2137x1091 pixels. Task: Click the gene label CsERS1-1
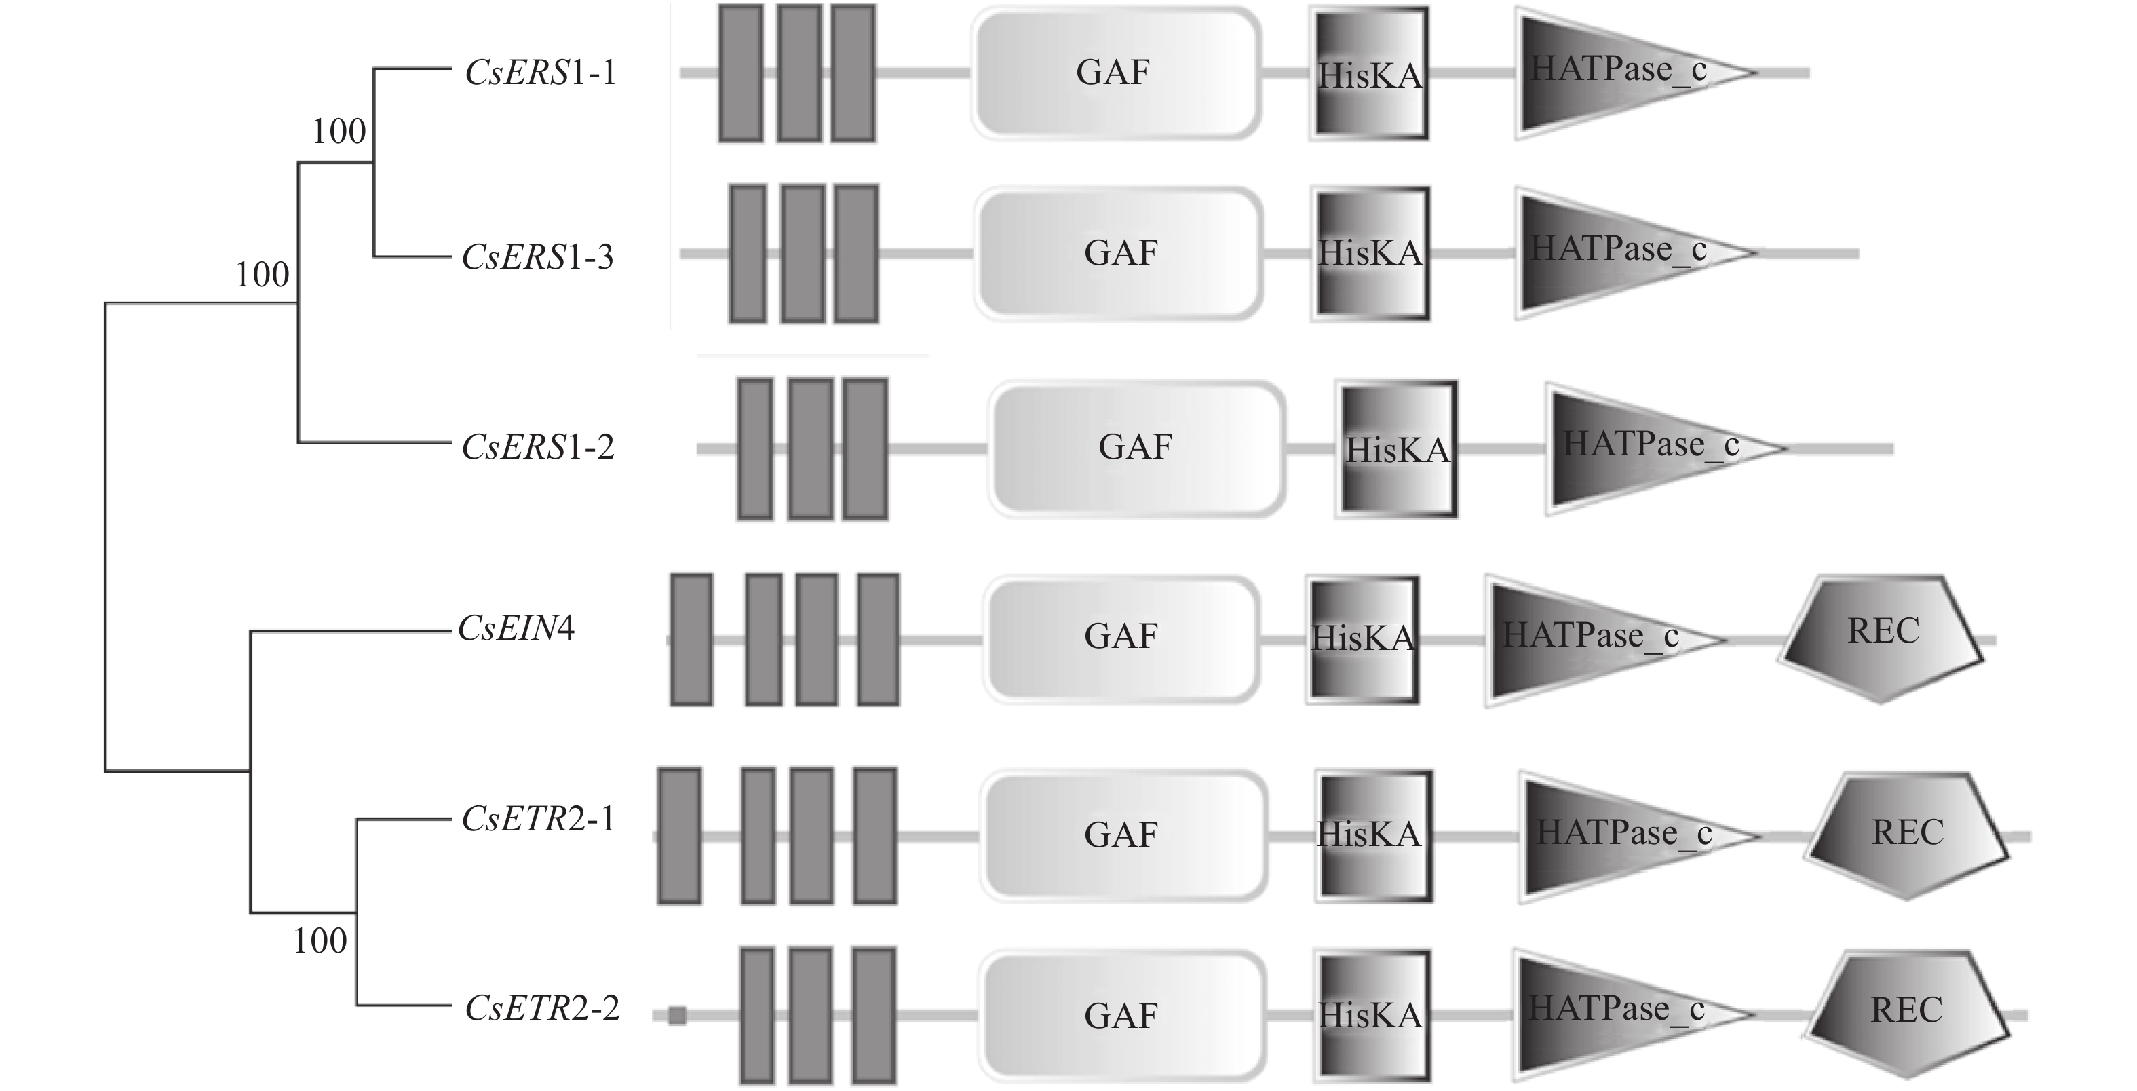[540, 73]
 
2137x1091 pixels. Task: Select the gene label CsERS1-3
[537, 257]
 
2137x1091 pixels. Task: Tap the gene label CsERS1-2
[537, 447]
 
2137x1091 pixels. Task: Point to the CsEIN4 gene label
[516, 629]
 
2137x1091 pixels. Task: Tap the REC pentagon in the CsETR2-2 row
[1907, 1012]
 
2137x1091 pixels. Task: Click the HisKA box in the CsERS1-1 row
[1370, 73]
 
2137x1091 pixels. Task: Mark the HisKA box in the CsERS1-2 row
[1396, 449]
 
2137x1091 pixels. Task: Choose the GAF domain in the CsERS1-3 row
[1119, 253]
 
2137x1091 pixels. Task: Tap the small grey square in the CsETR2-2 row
[677, 1016]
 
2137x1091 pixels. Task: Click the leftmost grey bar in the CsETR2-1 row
[679, 835]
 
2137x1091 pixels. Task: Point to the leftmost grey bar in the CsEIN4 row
[691, 639]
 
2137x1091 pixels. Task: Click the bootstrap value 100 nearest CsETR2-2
[320, 941]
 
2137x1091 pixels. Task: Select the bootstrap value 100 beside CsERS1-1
[339, 131]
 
